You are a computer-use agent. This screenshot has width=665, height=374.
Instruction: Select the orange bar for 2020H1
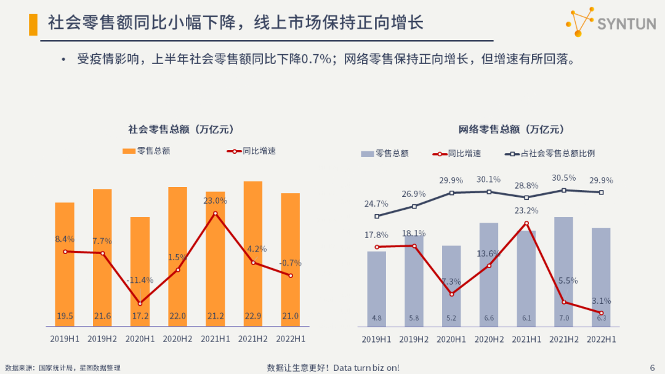click(140, 271)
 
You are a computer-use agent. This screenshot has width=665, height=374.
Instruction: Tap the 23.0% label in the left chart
click(216, 201)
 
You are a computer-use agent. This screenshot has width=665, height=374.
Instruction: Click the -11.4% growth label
click(140, 280)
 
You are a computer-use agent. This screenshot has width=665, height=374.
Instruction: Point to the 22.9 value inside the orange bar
click(253, 316)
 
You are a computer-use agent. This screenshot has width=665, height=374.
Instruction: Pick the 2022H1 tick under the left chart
click(291, 338)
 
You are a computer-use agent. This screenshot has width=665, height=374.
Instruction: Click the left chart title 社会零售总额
click(180, 129)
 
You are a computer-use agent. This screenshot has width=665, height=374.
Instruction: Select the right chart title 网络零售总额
click(511, 129)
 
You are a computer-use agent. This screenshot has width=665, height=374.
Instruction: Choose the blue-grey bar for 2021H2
click(563, 271)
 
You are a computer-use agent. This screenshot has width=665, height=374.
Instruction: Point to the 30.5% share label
click(564, 178)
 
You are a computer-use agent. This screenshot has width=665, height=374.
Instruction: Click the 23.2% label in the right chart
click(526, 210)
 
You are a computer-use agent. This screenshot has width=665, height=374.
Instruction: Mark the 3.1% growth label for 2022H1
click(601, 301)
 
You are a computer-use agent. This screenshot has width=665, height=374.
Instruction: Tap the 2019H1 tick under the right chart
click(376, 339)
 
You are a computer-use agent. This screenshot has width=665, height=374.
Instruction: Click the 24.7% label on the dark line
click(376, 204)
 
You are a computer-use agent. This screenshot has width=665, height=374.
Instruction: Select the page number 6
click(652, 367)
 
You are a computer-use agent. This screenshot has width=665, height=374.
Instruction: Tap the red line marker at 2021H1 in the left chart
click(216, 213)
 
